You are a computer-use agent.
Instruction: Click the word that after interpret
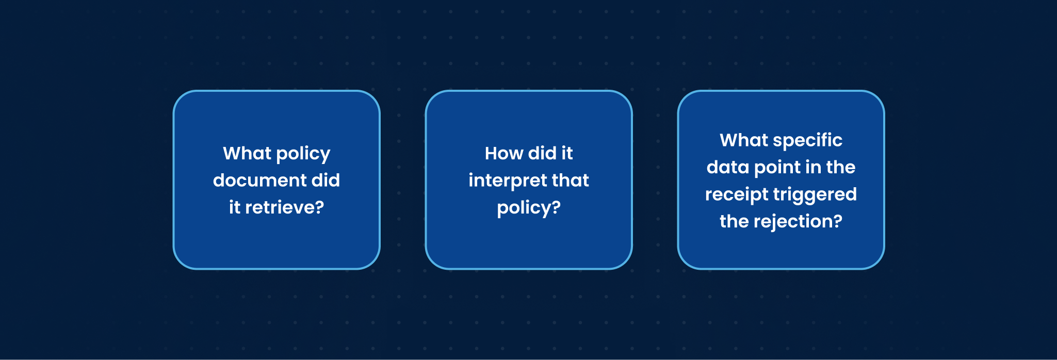click(x=570, y=181)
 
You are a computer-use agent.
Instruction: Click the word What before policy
click(x=247, y=153)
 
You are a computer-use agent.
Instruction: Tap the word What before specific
click(x=744, y=140)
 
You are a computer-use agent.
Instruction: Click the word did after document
click(x=326, y=181)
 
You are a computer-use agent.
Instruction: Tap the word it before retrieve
click(x=235, y=207)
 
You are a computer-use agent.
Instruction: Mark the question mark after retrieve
click(x=320, y=207)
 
